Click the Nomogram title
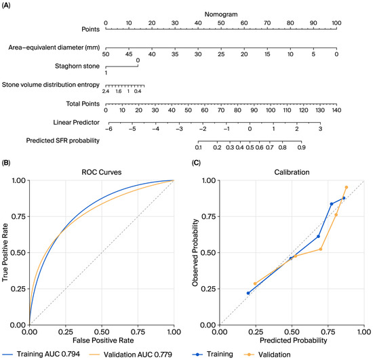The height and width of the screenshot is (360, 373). [221, 14]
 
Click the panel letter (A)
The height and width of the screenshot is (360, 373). [6, 5]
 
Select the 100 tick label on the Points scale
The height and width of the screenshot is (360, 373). [336, 23]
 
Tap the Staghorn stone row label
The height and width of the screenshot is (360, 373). [77, 66]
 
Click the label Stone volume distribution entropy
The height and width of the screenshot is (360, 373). [51, 85]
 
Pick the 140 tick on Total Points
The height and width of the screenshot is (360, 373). [336, 110]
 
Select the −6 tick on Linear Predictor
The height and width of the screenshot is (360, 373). [109, 129]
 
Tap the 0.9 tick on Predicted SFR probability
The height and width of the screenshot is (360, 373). [301, 147]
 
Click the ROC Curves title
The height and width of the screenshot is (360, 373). [102, 172]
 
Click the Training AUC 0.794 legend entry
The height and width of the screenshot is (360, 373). [41, 354]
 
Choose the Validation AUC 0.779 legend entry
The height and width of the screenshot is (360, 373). [131, 355]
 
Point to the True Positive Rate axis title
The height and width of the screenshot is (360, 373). [5, 252]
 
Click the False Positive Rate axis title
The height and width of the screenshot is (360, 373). [103, 340]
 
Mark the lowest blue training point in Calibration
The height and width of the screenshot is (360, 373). [248, 293]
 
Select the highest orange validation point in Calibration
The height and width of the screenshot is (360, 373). [347, 187]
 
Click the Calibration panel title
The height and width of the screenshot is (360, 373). [292, 172]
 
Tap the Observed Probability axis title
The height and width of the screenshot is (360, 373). [195, 252]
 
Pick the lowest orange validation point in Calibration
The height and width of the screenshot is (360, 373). [255, 283]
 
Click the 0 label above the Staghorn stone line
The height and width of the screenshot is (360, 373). [138, 60]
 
